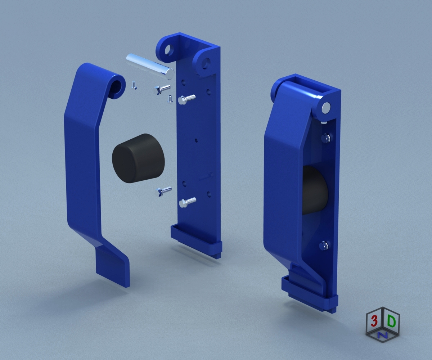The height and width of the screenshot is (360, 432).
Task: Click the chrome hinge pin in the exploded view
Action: coord(150,66)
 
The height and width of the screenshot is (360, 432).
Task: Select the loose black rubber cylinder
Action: coord(138,158)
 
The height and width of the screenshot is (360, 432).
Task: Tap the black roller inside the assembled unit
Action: coord(315,190)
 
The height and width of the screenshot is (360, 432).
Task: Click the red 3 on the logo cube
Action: coord(374,321)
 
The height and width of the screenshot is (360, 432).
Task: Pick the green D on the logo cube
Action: coord(391,321)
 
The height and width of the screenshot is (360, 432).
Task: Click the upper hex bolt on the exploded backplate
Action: coord(186,99)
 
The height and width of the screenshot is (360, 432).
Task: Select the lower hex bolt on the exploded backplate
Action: coord(188,202)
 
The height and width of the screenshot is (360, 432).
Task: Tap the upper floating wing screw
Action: coord(162,90)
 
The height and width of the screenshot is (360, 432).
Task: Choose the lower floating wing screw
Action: coord(164,191)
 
